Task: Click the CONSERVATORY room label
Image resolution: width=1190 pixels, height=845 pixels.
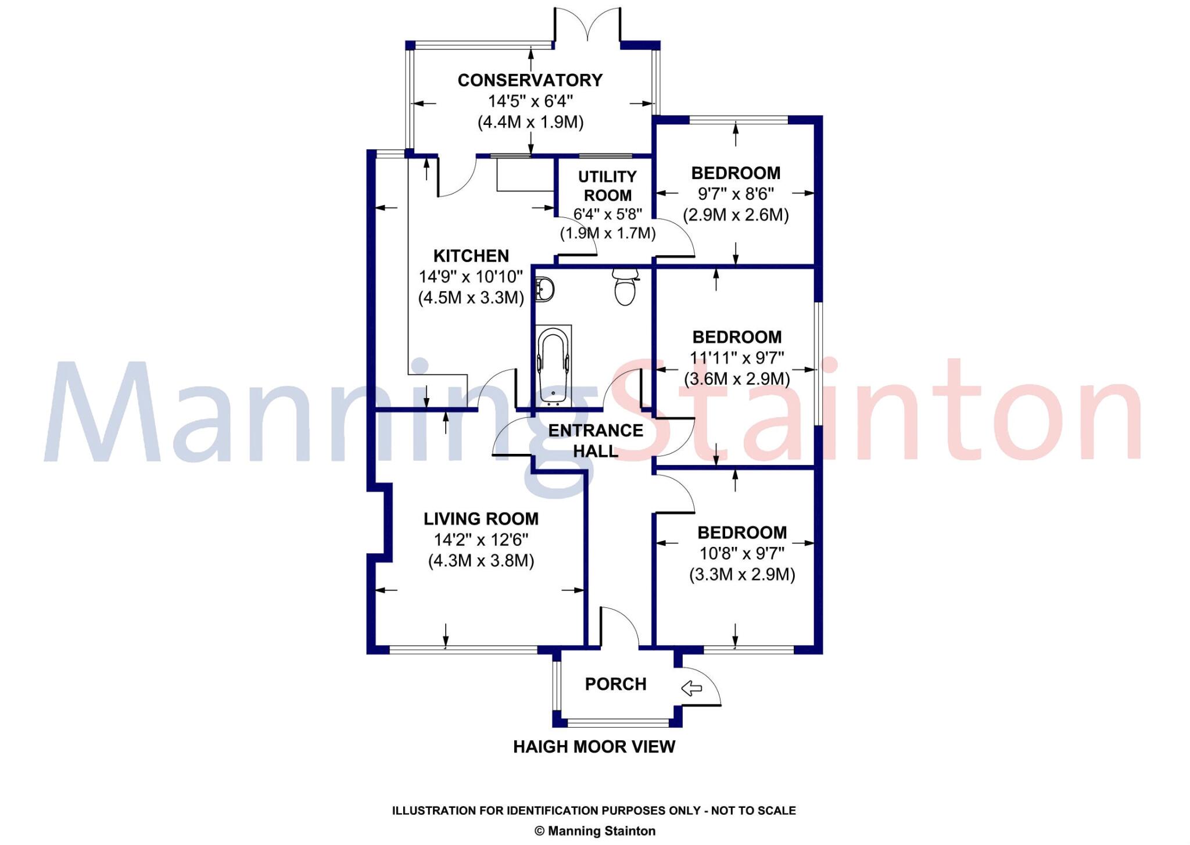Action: tap(530, 80)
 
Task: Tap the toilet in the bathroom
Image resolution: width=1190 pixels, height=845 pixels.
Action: tap(625, 288)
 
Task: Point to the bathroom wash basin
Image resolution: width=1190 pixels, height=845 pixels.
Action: tap(544, 289)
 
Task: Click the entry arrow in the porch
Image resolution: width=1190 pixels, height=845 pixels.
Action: tap(691, 688)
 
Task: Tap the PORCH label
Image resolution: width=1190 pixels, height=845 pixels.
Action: tap(615, 684)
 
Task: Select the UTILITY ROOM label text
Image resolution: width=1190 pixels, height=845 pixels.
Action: tap(607, 186)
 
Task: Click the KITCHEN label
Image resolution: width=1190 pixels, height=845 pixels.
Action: tap(471, 256)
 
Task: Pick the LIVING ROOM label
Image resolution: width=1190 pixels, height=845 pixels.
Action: tap(481, 518)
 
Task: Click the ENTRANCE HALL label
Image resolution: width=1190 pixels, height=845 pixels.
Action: tap(596, 441)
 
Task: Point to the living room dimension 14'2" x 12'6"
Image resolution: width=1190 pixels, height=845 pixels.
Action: tap(481, 540)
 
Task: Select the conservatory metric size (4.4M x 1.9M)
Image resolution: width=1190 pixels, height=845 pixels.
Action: tap(531, 122)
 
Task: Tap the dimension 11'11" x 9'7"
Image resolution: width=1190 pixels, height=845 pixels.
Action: tap(737, 358)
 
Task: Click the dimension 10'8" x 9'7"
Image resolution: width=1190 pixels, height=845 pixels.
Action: tap(742, 553)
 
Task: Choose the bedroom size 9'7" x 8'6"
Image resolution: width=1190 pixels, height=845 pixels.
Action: tap(736, 194)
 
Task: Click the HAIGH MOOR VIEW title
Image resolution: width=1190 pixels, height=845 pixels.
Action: tap(594, 747)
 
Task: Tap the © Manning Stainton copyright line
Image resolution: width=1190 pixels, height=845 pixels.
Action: tap(594, 831)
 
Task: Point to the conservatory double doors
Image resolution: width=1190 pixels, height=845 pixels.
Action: tap(587, 26)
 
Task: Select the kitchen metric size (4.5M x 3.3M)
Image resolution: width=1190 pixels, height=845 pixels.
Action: tap(471, 298)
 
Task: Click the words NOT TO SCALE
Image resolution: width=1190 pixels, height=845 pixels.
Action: tap(753, 811)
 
